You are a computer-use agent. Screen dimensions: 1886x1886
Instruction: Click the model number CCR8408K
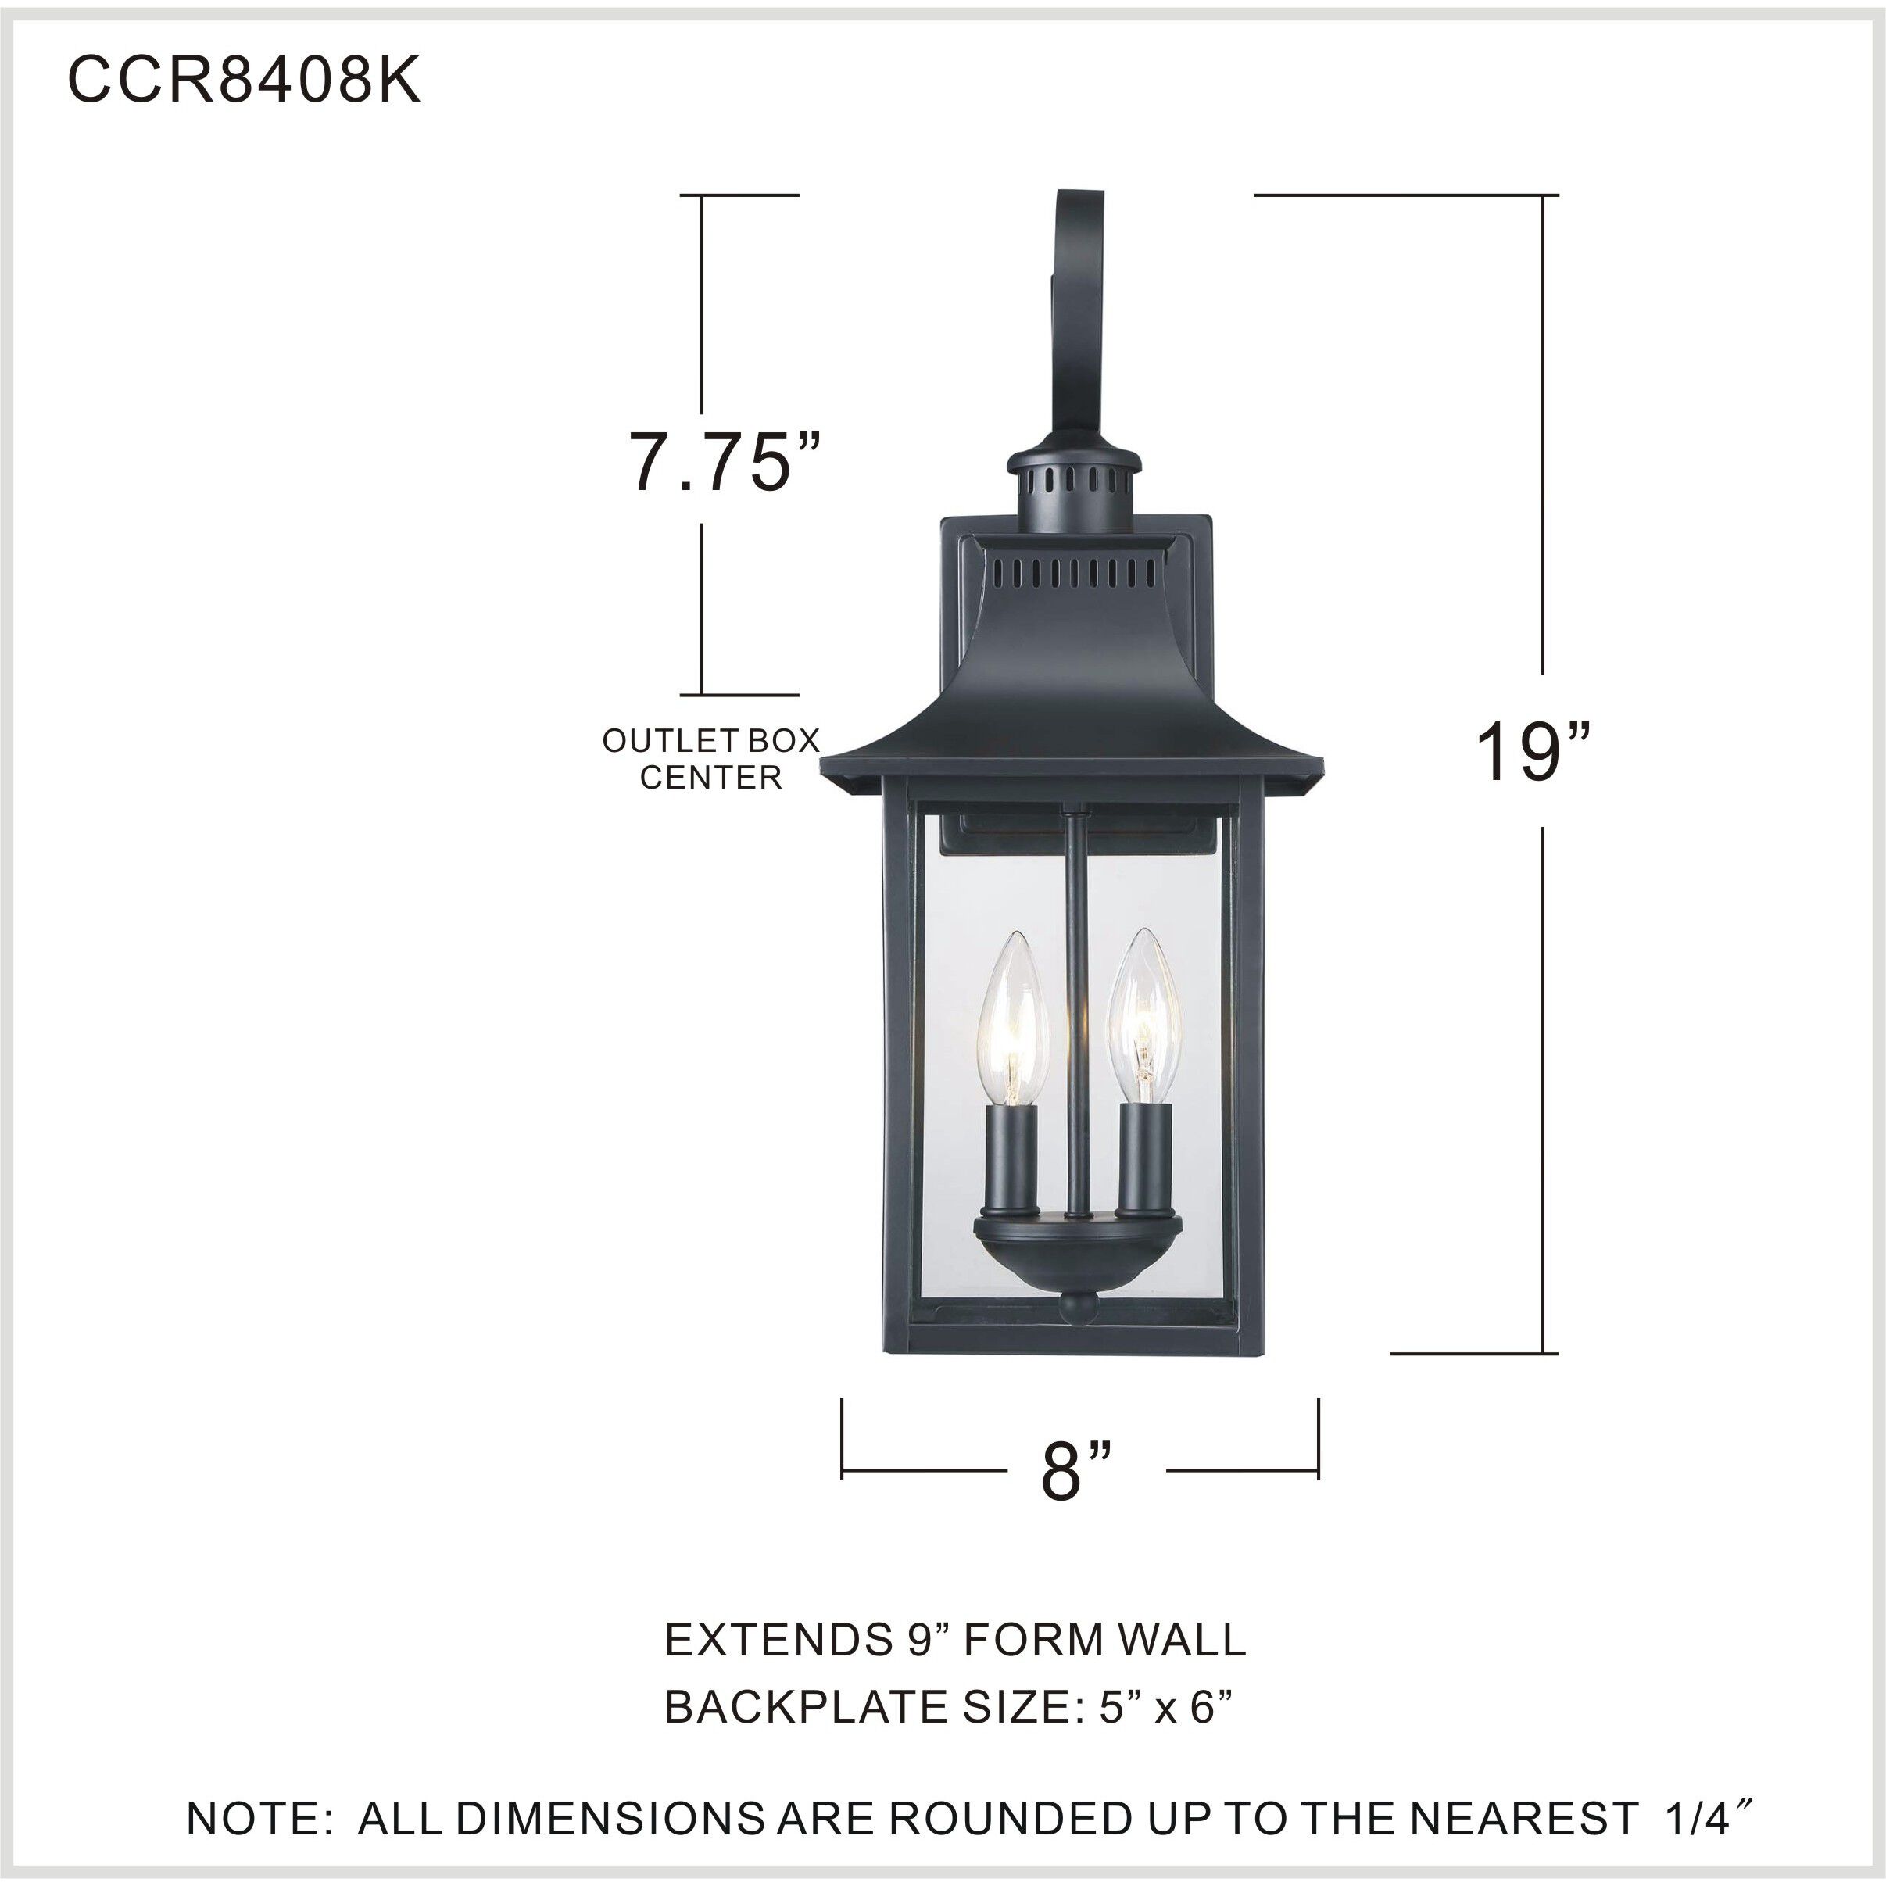point(244,80)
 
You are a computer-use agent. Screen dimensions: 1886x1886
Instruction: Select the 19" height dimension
point(1533,752)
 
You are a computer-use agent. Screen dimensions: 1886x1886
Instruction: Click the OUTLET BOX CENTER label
point(710,758)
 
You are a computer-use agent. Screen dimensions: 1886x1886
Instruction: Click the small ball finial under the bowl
point(1079,1308)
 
